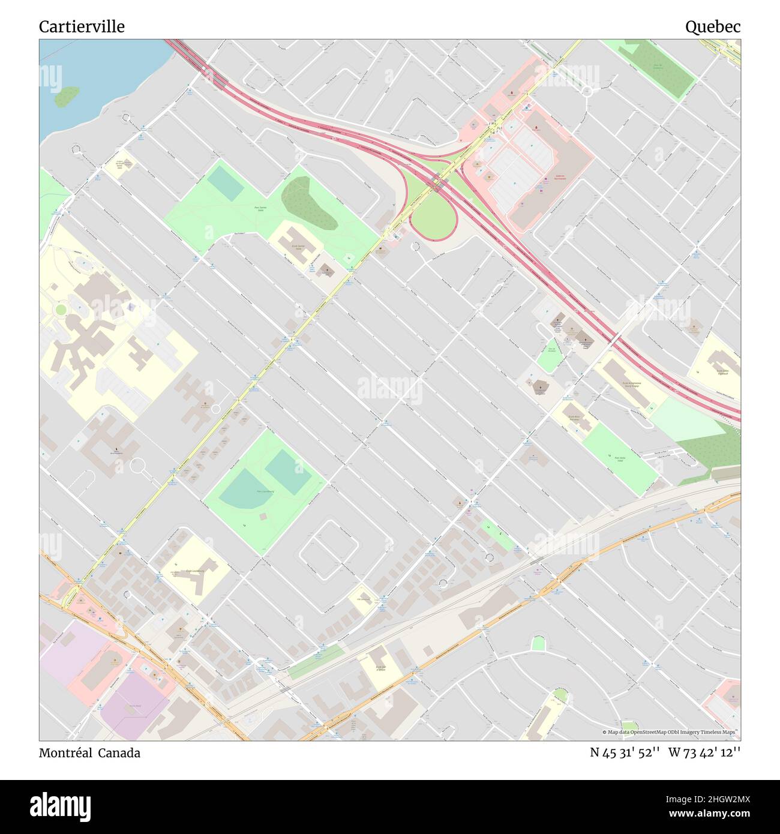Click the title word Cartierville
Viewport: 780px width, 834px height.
coord(82,26)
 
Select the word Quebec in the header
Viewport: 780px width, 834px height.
coord(713,26)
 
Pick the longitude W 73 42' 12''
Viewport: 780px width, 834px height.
coord(704,752)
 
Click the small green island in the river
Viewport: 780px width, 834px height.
coord(66,96)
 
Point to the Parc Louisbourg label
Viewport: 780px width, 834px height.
coord(265,491)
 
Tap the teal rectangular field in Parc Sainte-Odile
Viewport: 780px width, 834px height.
coord(225,182)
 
